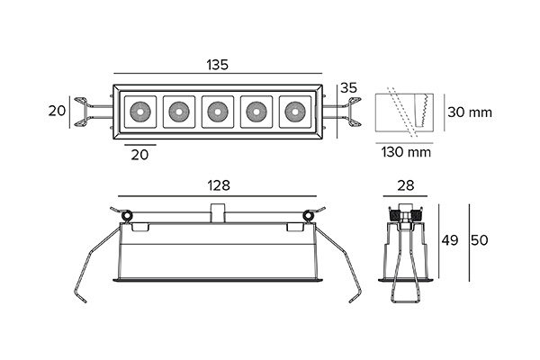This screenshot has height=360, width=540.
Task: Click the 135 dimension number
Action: [x=217, y=65]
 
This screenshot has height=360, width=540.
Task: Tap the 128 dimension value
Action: [x=219, y=185]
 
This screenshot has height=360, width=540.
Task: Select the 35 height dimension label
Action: [x=348, y=88]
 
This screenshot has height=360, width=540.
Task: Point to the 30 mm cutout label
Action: [x=470, y=112]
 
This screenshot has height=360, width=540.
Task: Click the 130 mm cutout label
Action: [x=406, y=152]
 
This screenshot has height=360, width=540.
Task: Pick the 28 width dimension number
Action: [x=405, y=185]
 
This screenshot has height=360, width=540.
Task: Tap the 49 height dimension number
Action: [x=450, y=240]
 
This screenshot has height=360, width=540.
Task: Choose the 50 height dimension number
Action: [x=480, y=240]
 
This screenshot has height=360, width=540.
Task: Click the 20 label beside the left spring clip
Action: [x=57, y=111]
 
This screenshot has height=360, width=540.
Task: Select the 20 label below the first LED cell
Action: [x=139, y=155]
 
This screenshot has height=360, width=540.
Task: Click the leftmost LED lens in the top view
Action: [x=140, y=112]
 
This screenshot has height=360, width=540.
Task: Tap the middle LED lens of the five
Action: [x=218, y=112]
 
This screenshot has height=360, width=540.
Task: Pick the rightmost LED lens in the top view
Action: [x=295, y=112]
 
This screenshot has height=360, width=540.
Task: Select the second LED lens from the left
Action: [x=179, y=112]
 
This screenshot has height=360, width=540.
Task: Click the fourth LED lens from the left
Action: [x=256, y=112]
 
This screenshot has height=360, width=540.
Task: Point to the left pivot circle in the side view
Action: [x=128, y=216]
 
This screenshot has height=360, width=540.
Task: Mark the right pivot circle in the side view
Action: [x=308, y=216]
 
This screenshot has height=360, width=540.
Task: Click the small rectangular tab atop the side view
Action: [x=218, y=213]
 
